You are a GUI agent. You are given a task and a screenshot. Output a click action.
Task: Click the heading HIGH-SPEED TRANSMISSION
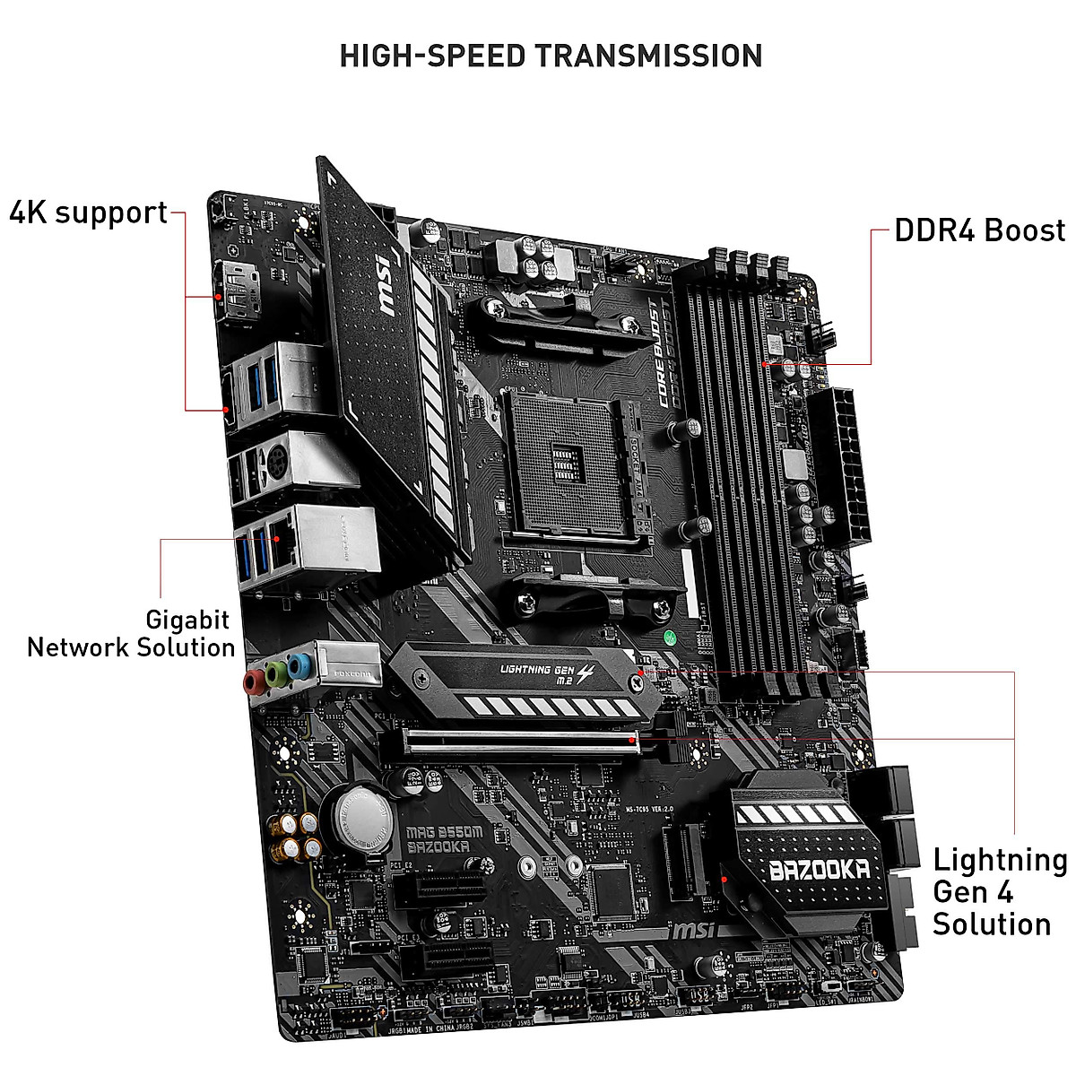[x=551, y=56]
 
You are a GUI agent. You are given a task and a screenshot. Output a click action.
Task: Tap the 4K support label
[x=89, y=213]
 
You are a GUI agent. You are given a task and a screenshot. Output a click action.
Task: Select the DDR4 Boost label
[x=979, y=230]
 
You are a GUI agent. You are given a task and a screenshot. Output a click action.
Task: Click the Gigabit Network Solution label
[x=131, y=634]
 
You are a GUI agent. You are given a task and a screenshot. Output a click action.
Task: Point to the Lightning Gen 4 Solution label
[x=999, y=891]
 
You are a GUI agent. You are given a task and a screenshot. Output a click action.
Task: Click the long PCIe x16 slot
[x=520, y=741]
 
